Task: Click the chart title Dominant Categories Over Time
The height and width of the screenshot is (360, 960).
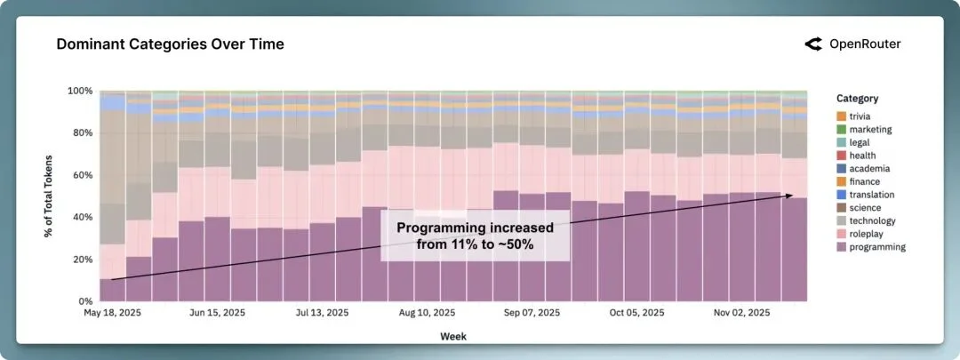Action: click(x=170, y=44)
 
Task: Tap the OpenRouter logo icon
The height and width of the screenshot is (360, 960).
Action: click(x=812, y=44)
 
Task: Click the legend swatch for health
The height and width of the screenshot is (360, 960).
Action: click(x=841, y=156)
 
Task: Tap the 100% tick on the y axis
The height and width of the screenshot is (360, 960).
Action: click(x=80, y=91)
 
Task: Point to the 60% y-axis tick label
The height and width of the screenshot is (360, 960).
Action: click(x=82, y=175)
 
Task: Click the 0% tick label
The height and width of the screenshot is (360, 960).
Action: click(x=85, y=301)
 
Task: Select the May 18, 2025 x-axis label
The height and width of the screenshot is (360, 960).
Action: click(x=112, y=313)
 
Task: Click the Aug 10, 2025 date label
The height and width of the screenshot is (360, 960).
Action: click(x=428, y=313)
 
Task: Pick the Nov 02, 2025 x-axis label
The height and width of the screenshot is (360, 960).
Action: click(x=742, y=313)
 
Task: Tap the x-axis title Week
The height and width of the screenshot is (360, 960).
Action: click(x=452, y=336)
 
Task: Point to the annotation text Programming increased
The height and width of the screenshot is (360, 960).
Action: click(x=475, y=228)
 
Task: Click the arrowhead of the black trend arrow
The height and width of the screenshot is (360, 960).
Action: click(x=788, y=196)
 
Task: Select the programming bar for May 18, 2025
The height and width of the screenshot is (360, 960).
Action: click(x=112, y=291)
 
